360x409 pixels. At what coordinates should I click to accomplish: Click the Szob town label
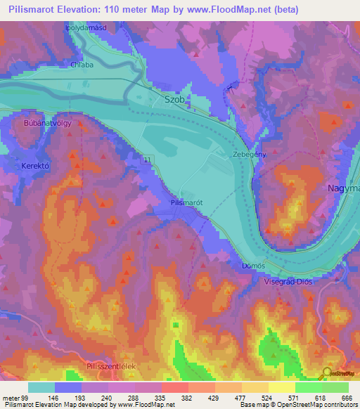pyautogui.click(x=174, y=100)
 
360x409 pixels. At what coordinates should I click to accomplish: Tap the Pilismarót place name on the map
pyautogui.click(x=187, y=202)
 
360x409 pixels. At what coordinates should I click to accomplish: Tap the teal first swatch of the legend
pyautogui.click(x=41, y=387)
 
